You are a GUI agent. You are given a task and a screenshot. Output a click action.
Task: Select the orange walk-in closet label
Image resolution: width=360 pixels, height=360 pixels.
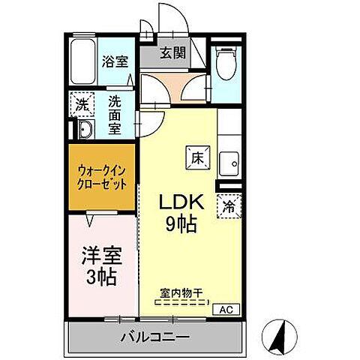[x=101, y=177]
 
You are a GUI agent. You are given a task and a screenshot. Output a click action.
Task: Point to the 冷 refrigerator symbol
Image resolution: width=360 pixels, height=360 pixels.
[x=228, y=208]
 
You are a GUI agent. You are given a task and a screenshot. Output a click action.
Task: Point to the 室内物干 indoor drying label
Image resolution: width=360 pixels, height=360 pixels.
[x=181, y=293]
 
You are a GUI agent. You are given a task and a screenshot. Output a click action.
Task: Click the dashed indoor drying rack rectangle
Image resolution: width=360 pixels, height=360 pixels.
[x=181, y=304]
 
